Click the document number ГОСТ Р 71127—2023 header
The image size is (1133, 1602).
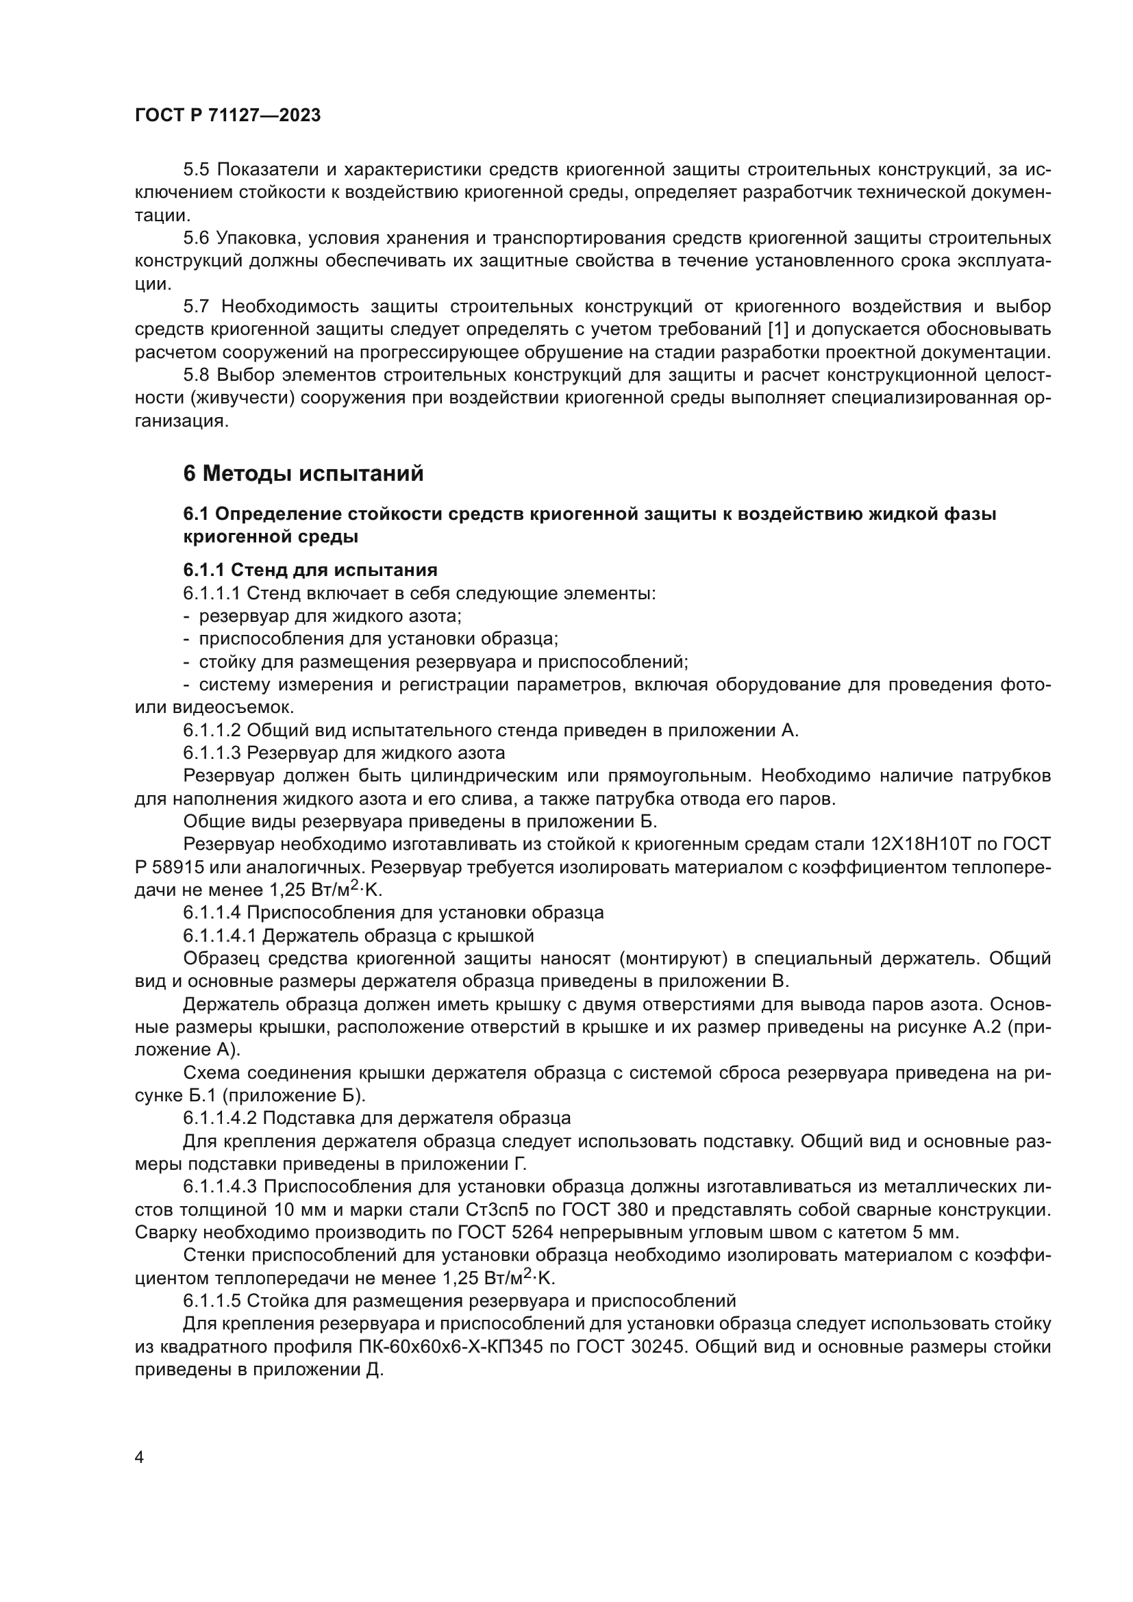coord(227,115)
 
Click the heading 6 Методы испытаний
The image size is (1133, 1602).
coord(303,474)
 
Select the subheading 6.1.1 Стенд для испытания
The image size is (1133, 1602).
coord(310,570)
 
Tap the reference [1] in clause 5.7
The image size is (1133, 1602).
coord(777,329)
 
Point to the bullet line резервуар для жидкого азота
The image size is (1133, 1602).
coord(330,616)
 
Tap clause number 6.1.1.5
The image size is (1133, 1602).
coord(212,1301)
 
